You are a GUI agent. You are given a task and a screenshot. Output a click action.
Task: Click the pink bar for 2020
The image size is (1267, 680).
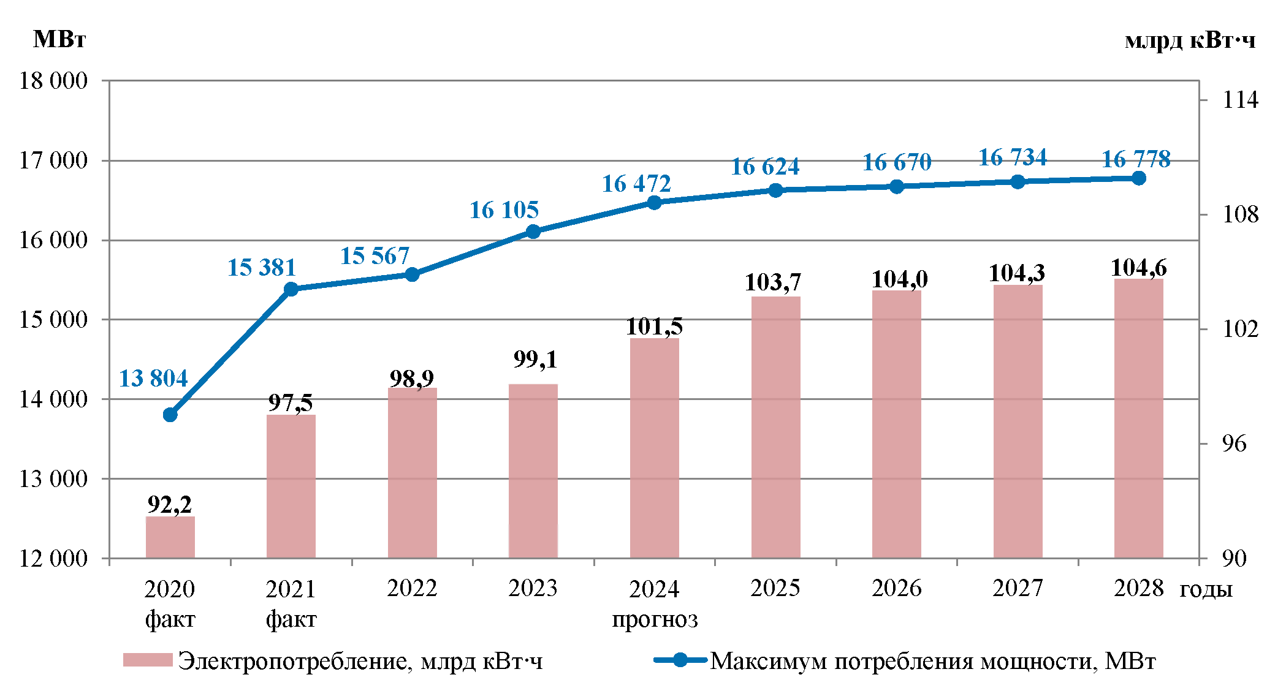click(170, 537)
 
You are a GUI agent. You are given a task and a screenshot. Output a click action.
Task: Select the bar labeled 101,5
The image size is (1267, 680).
click(654, 448)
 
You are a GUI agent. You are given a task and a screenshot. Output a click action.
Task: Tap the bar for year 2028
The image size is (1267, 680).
click(1138, 418)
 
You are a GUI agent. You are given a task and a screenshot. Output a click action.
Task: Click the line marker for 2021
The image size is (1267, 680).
click(291, 289)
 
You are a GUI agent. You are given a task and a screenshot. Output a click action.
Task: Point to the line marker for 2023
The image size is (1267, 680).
click(533, 232)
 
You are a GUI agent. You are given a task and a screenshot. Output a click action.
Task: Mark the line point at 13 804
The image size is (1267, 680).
click(170, 415)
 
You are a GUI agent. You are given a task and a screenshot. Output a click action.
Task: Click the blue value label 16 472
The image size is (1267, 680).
click(636, 184)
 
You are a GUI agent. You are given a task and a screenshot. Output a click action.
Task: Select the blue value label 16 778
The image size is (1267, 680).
click(1136, 159)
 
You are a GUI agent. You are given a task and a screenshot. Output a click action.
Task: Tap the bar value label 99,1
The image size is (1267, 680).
click(535, 359)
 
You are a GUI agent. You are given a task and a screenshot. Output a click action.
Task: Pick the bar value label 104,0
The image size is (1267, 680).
click(900, 279)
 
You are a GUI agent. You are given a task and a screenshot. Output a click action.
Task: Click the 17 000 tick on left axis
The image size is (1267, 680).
click(53, 161)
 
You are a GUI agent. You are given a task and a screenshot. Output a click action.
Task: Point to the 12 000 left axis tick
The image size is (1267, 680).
click(53, 558)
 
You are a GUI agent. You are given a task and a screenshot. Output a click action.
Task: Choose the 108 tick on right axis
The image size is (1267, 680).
click(1239, 214)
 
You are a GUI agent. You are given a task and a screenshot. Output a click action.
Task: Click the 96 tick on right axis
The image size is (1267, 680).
click(1233, 444)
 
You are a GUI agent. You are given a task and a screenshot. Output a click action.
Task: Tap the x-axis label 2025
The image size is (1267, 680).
click(775, 588)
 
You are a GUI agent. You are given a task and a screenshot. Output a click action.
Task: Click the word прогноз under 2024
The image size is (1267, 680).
click(655, 619)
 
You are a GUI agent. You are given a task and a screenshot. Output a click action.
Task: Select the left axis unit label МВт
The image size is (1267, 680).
click(59, 39)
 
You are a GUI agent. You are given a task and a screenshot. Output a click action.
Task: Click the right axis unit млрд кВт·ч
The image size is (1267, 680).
click(1190, 40)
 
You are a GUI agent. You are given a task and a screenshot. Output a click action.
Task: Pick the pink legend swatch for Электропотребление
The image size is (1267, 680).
click(148, 660)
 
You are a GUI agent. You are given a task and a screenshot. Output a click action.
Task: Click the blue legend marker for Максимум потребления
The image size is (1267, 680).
click(680, 660)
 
